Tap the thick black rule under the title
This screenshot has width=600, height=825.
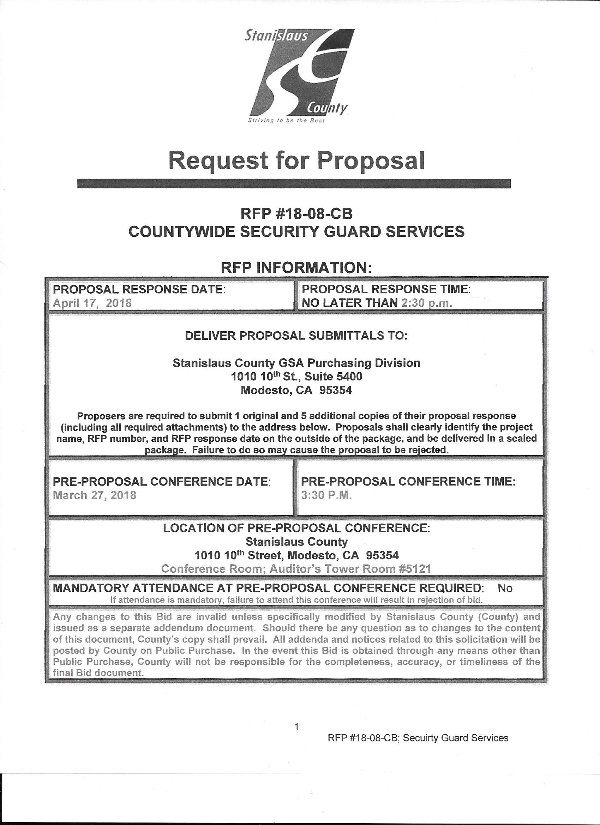(294, 184)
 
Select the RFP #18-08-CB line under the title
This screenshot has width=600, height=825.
(296, 214)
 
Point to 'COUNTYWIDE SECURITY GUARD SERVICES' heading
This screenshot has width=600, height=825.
(296, 232)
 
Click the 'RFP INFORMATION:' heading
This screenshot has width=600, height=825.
(296, 268)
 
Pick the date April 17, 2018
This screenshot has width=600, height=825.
(92, 303)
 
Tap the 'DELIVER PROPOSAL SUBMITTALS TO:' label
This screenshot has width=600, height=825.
(296, 335)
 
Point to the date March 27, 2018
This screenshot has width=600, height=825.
(95, 495)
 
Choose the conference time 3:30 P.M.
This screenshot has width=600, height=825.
(326, 495)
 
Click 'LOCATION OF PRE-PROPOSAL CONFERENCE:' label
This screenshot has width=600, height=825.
(296, 528)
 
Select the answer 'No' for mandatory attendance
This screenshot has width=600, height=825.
(505, 588)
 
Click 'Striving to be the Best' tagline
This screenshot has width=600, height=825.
(286, 120)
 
